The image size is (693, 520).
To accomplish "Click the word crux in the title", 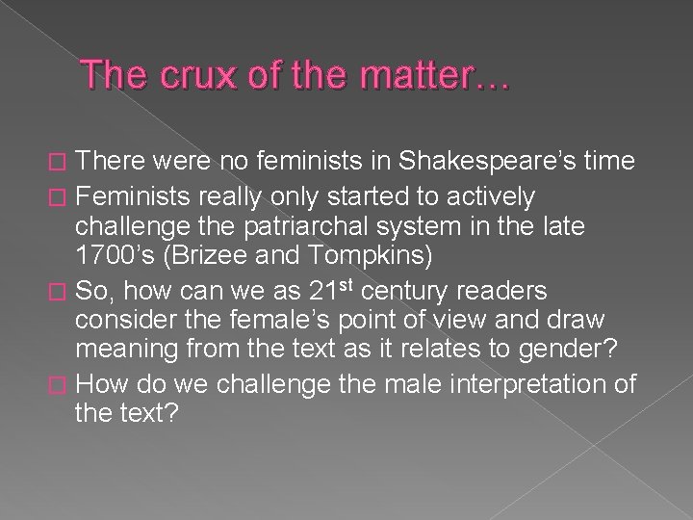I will (175, 75).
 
